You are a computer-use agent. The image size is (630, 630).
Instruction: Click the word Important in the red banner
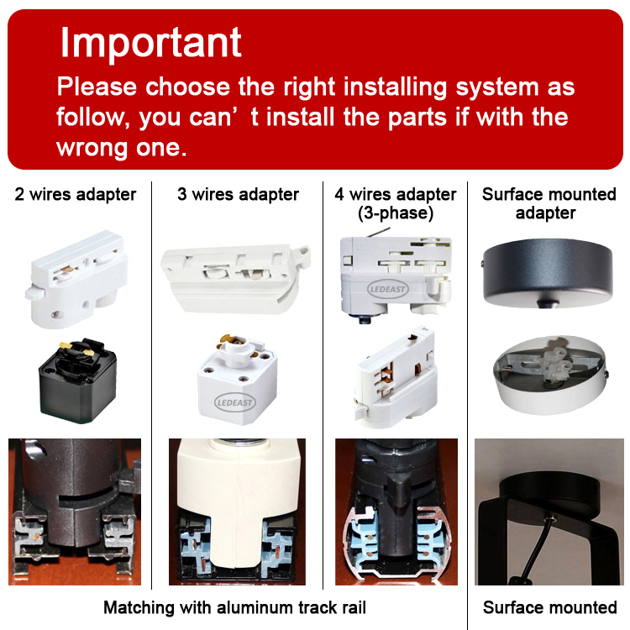151,43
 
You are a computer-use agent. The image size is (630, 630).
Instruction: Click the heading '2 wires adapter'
76,195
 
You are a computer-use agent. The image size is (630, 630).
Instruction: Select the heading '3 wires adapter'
238,195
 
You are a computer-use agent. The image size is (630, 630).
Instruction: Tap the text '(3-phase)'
395,213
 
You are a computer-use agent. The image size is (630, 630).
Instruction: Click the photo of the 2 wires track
75,512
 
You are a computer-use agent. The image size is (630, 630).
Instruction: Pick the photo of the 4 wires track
396,512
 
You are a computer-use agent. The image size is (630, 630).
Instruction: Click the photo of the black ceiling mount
549,512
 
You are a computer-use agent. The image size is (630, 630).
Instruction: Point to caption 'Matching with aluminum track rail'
235,607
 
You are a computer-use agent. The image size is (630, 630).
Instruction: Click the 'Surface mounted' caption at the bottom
549,607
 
